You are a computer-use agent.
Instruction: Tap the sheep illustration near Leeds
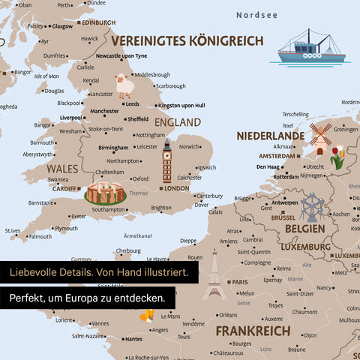(x=124, y=86)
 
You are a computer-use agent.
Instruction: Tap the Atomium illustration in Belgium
(x=311, y=206)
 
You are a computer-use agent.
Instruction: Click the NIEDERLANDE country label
(x=271, y=136)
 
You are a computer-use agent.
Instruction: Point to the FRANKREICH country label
(x=253, y=330)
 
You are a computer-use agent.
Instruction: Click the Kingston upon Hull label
(x=181, y=105)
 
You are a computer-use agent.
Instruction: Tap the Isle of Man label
(x=46, y=76)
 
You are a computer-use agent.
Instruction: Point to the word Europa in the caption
(x=110, y=298)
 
